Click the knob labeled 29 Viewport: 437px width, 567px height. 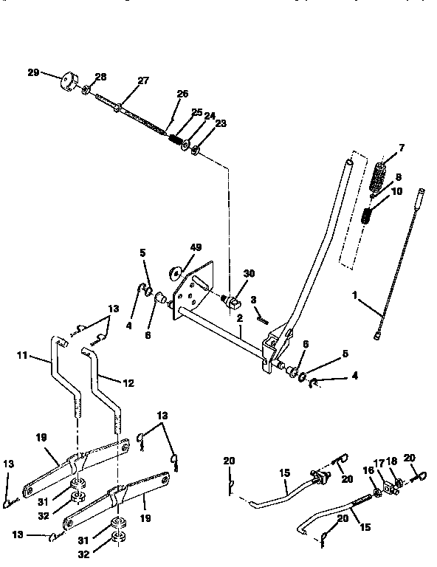71,80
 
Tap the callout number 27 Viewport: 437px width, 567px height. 142,82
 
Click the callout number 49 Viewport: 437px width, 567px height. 196,247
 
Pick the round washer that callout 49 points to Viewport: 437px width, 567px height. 177,272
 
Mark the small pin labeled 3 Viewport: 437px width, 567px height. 261,316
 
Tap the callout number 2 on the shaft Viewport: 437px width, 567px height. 240,318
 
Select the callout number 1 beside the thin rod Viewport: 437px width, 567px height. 354,294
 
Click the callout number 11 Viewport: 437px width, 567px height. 21,356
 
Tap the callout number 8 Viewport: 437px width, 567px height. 398,177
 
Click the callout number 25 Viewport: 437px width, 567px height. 196,111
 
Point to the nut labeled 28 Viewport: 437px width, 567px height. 86,91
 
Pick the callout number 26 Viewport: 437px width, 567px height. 182,94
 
